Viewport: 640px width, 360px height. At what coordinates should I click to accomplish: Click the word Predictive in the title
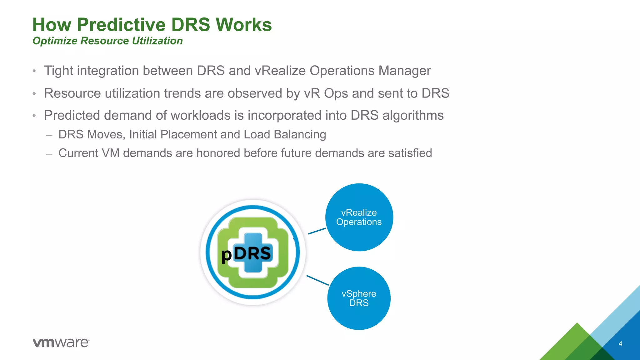coord(121,25)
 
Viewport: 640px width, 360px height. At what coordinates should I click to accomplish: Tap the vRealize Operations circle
coord(359,217)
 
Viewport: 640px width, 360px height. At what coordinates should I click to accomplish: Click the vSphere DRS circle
coord(359,298)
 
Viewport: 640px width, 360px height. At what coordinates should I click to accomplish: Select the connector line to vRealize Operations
coord(317,231)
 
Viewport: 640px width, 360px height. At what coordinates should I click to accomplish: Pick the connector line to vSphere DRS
coord(317,280)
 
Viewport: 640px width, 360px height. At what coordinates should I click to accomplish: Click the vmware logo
coord(61,342)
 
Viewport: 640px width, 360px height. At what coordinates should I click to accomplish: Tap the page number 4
coord(620,344)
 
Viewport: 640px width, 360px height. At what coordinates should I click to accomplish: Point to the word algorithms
coord(413,116)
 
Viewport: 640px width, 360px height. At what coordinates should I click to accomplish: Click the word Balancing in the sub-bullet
coord(300,134)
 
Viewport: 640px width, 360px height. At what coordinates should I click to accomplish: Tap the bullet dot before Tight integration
coord(34,71)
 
